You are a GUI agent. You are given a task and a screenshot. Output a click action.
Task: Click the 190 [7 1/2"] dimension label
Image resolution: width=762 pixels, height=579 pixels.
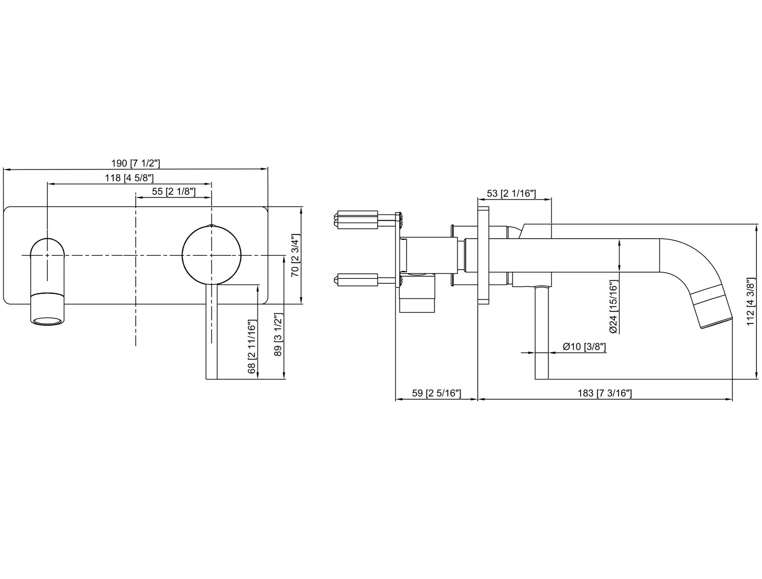135,163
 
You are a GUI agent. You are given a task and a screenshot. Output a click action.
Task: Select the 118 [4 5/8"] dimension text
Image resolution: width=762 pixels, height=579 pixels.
129,178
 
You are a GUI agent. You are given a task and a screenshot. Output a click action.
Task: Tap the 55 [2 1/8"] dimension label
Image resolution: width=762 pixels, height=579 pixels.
173,192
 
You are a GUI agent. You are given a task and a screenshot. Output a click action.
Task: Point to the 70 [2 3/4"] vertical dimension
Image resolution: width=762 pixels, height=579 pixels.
295,255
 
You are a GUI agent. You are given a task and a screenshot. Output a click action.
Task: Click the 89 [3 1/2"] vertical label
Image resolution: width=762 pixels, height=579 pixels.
278,335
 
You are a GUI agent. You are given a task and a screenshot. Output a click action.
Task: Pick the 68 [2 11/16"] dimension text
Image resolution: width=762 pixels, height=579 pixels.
252,347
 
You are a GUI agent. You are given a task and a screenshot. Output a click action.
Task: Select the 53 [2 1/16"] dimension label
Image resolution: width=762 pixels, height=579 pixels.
511,194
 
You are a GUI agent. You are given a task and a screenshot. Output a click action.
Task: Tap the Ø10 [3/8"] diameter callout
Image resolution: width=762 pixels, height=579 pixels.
584,347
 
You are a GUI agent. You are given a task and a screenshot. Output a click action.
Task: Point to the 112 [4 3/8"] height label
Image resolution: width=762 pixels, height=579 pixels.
751,302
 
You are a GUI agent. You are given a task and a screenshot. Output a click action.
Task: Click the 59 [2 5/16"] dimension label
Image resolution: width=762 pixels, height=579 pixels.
437,393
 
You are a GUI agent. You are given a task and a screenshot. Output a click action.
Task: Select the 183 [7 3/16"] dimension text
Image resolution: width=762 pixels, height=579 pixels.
605,393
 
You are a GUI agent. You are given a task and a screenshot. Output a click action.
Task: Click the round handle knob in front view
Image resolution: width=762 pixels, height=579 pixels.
211,255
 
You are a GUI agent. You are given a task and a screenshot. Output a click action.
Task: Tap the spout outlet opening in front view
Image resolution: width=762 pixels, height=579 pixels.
47,321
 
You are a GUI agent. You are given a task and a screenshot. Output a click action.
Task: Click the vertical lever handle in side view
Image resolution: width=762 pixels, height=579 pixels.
542,333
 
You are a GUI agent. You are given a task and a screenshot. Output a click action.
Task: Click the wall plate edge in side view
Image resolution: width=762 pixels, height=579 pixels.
483,255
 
